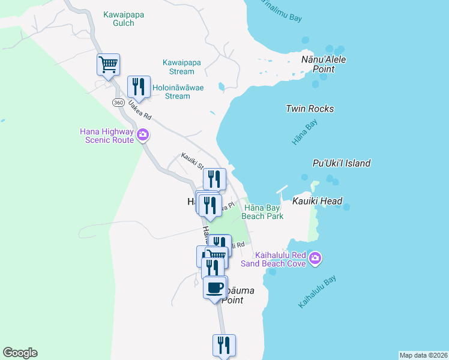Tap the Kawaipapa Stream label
click(x=182, y=67)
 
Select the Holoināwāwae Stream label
click(x=178, y=92)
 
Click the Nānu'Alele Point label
click(x=324, y=64)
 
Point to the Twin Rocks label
click(x=310, y=109)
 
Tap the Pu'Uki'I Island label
click(x=342, y=163)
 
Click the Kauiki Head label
click(x=318, y=201)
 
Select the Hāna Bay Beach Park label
click(x=262, y=212)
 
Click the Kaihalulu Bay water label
click(x=318, y=292)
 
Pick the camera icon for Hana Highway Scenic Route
click(x=143, y=134)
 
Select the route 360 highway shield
click(x=118, y=103)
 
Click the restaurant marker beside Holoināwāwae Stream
click(x=139, y=87)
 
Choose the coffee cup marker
click(x=215, y=288)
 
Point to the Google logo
click(x=20, y=353)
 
